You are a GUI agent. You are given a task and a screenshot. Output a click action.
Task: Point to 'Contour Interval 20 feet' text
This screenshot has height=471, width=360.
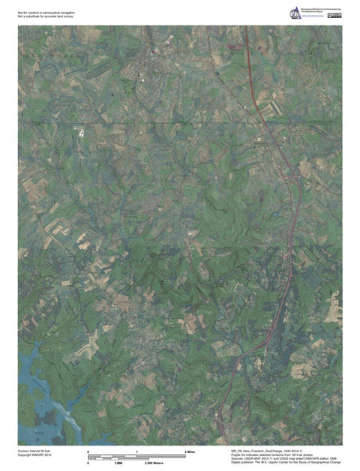(35, 451)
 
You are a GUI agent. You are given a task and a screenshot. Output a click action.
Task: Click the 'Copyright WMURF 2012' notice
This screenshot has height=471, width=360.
(34, 455)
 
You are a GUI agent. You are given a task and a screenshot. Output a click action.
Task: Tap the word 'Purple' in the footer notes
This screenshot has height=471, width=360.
(238, 454)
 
